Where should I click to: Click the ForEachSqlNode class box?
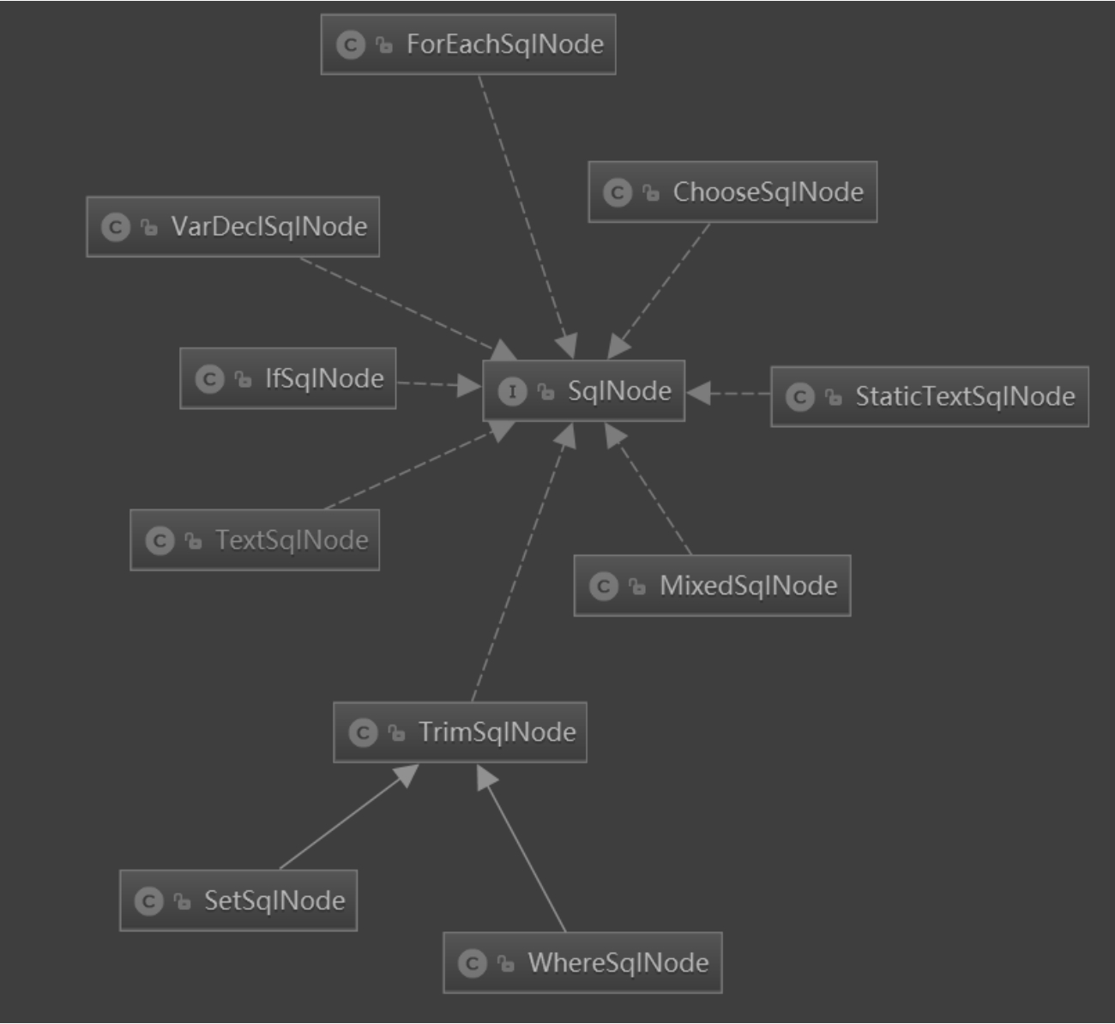click(468, 45)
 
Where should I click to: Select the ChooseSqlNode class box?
click(732, 192)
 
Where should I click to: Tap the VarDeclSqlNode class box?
click(232, 226)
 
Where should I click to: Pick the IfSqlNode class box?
click(288, 378)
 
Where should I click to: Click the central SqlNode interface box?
click(584, 391)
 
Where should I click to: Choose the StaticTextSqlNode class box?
click(930, 396)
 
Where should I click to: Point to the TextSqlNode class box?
click(255, 540)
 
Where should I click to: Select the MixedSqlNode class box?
click(712, 586)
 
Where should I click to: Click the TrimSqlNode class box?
click(460, 732)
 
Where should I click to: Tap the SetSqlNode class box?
click(238, 901)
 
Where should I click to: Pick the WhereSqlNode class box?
click(582, 962)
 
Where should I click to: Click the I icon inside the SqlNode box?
click(512, 392)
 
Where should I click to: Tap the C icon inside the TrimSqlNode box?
click(363, 733)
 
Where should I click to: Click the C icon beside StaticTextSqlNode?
click(799, 397)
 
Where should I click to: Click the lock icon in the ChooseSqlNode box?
click(652, 193)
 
